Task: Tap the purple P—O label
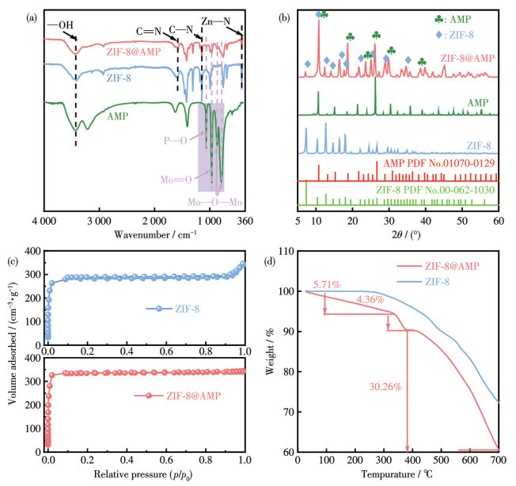173,141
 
